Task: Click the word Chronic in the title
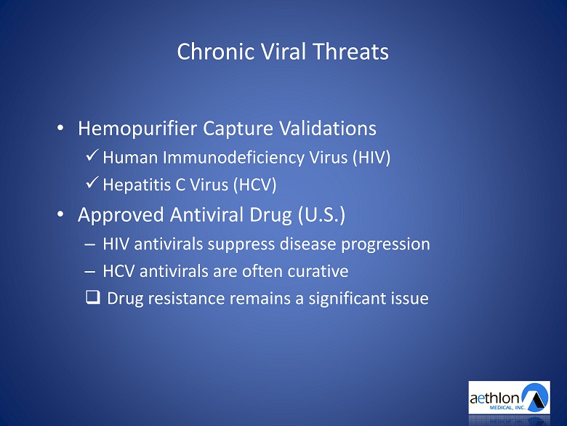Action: coord(215,52)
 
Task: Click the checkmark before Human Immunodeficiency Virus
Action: coord(92,155)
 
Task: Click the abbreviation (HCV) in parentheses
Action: coord(255,185)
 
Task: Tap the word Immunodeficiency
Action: coord(233,158)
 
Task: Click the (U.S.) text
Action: coord(322,214)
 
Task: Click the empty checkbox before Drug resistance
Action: coord(93,297)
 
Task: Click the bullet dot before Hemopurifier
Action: coord(60,128)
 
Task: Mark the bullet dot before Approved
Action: coord(60,214)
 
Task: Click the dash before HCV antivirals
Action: coord(89,272)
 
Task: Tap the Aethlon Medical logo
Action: coord(509,398)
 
